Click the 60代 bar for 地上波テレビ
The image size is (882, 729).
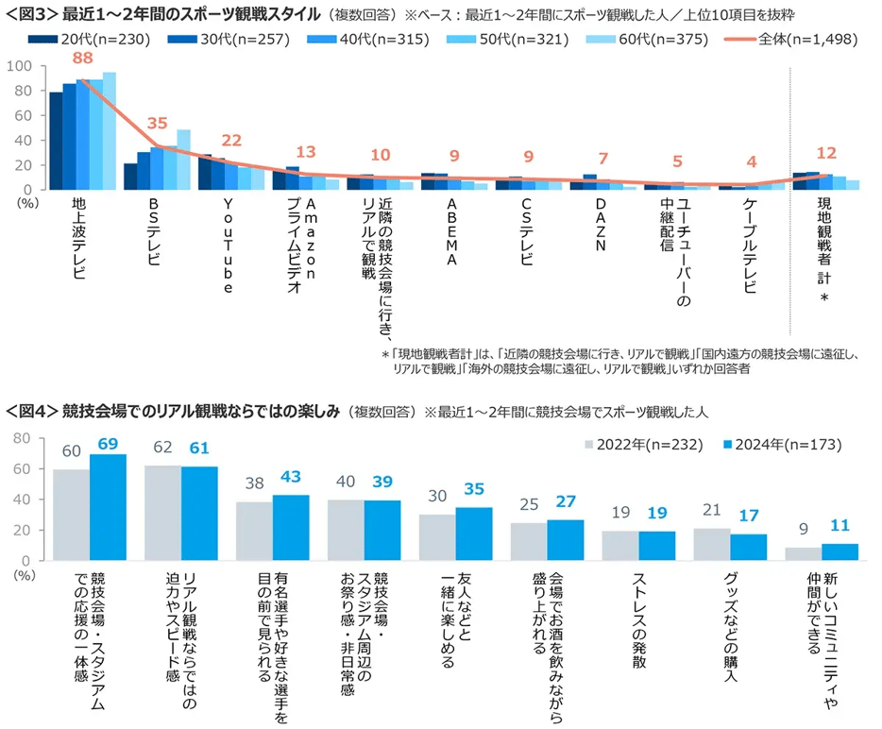pos(110,131)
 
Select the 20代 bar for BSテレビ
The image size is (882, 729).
pos(130,177)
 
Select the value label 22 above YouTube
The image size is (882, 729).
pos(231,140)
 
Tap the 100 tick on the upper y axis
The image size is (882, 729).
pos(19,67)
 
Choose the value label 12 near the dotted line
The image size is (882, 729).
pos(826,153)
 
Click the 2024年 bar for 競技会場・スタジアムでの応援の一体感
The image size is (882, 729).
pos(108,507)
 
